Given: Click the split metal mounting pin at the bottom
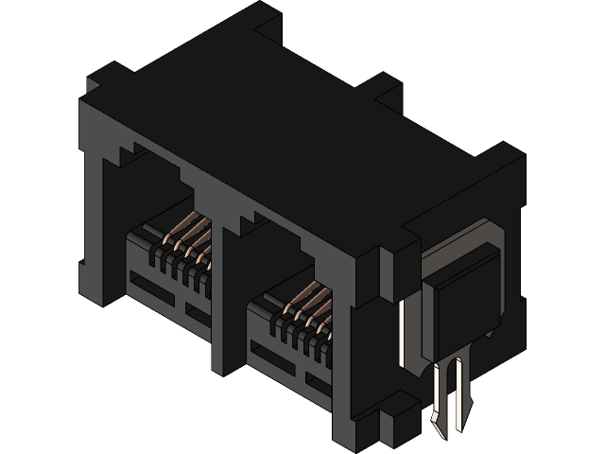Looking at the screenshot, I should tap(451, 393).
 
